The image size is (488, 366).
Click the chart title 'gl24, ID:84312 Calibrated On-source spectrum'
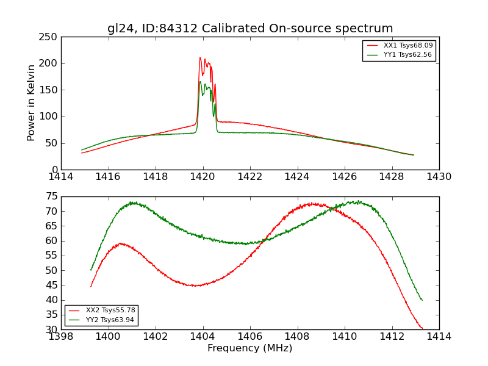pos(250,29)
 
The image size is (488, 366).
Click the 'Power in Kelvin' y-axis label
pos(31,103)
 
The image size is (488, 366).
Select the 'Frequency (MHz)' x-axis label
pos(249,348)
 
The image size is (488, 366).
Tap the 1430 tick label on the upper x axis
pos(439,177)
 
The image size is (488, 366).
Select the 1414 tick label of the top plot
pos(62,177)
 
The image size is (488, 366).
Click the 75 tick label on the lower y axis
pos(51,196)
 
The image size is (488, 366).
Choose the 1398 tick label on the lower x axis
pos(62,337)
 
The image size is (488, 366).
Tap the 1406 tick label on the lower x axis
pos(250,337)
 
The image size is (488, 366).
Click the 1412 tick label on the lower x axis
pos(392,337)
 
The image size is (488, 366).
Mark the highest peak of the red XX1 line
pos(199,57)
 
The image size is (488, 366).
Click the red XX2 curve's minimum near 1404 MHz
pos(194,285)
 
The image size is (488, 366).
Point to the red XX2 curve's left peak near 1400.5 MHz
pos(121,243)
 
